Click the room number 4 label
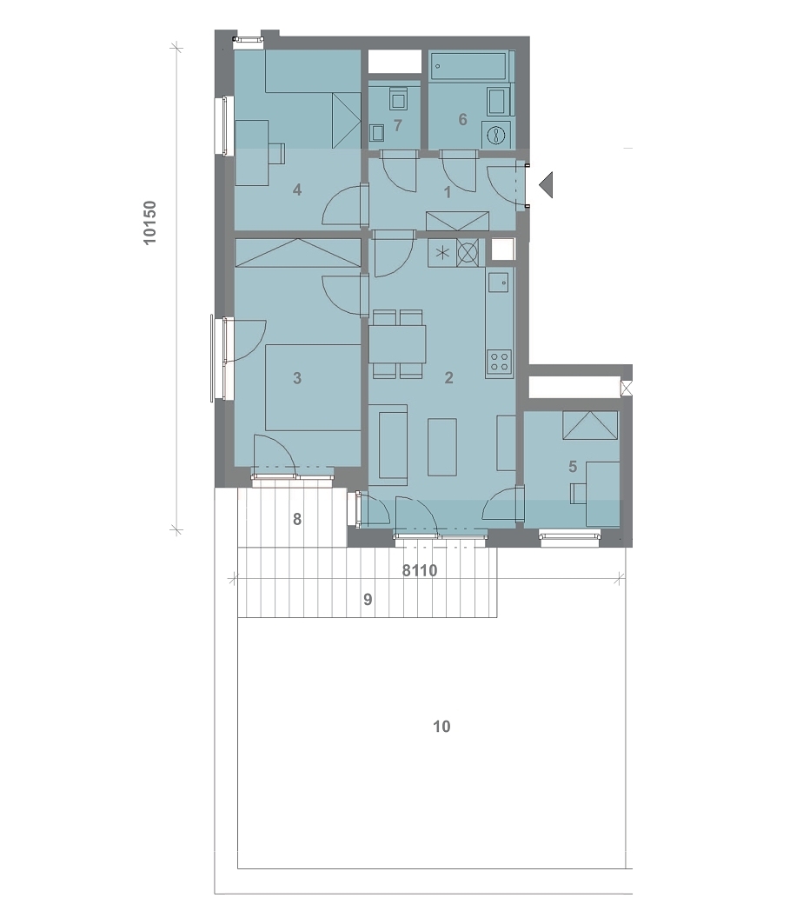click(297, 190)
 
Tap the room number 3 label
click(297, 378)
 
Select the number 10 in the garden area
click(441, 726)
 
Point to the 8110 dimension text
click(420, 570)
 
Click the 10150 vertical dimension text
click(149, 223)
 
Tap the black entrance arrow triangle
click(546, 185)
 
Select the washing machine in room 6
click(497, 134)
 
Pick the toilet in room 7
click(398, 98)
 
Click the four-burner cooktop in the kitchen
click(499, 362)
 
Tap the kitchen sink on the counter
click(499, 283)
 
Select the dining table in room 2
click(397, 344)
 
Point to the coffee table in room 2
click(442, 447)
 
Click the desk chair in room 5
click(579, 494)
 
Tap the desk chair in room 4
click(276, 153)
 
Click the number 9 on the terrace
click(368, 599)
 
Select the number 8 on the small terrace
click(297, 519)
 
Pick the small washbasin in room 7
click(378, 134)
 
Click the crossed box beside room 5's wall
click(627, 388)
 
